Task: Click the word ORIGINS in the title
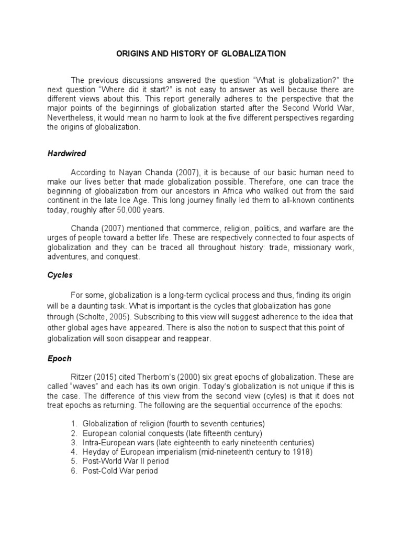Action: pyautogui.click(x=132, y=53)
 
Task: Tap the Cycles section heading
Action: pyautogui.click(x=60, y=275)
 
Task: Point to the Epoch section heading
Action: pyautogui.click(x=59, y=359)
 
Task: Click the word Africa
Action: pyautogui.click(x=237, y=191)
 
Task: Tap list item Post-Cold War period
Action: pyautogui.click(x=120, y=471)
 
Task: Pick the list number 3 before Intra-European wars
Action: pyautogui.click(x=74, y=443)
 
